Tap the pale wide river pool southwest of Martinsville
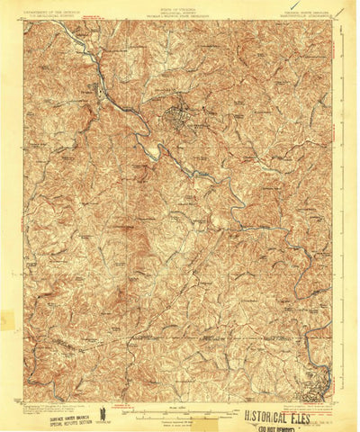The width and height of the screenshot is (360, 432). [154, 154]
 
